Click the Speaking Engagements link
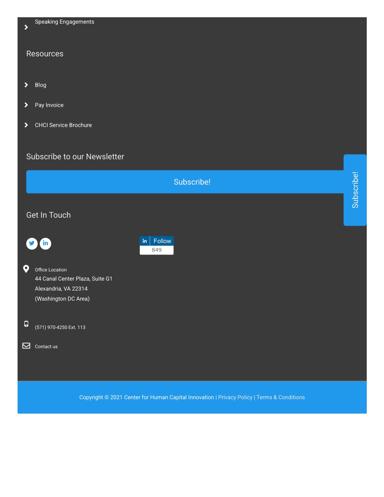pos(64,22)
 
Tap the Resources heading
pos(45,54)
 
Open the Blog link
pos(40,85)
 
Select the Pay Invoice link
pos(49,105)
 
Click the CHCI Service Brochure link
pos(63,125)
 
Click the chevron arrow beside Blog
pos(26,85)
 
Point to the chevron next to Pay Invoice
pos(26,105)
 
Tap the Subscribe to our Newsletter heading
pos(75,157)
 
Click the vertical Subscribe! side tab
pos(355,190)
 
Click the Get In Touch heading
pos(48,215)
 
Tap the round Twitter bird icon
pos(32,243)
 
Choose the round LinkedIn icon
pos(45,243)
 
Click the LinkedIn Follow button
pos(157,241)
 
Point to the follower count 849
pos(157,250)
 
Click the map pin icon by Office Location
pos(26,269)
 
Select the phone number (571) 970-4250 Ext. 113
pos(60,327)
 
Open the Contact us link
pos(46,347)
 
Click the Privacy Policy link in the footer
pos(235,397)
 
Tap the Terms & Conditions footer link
pos(280,397)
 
